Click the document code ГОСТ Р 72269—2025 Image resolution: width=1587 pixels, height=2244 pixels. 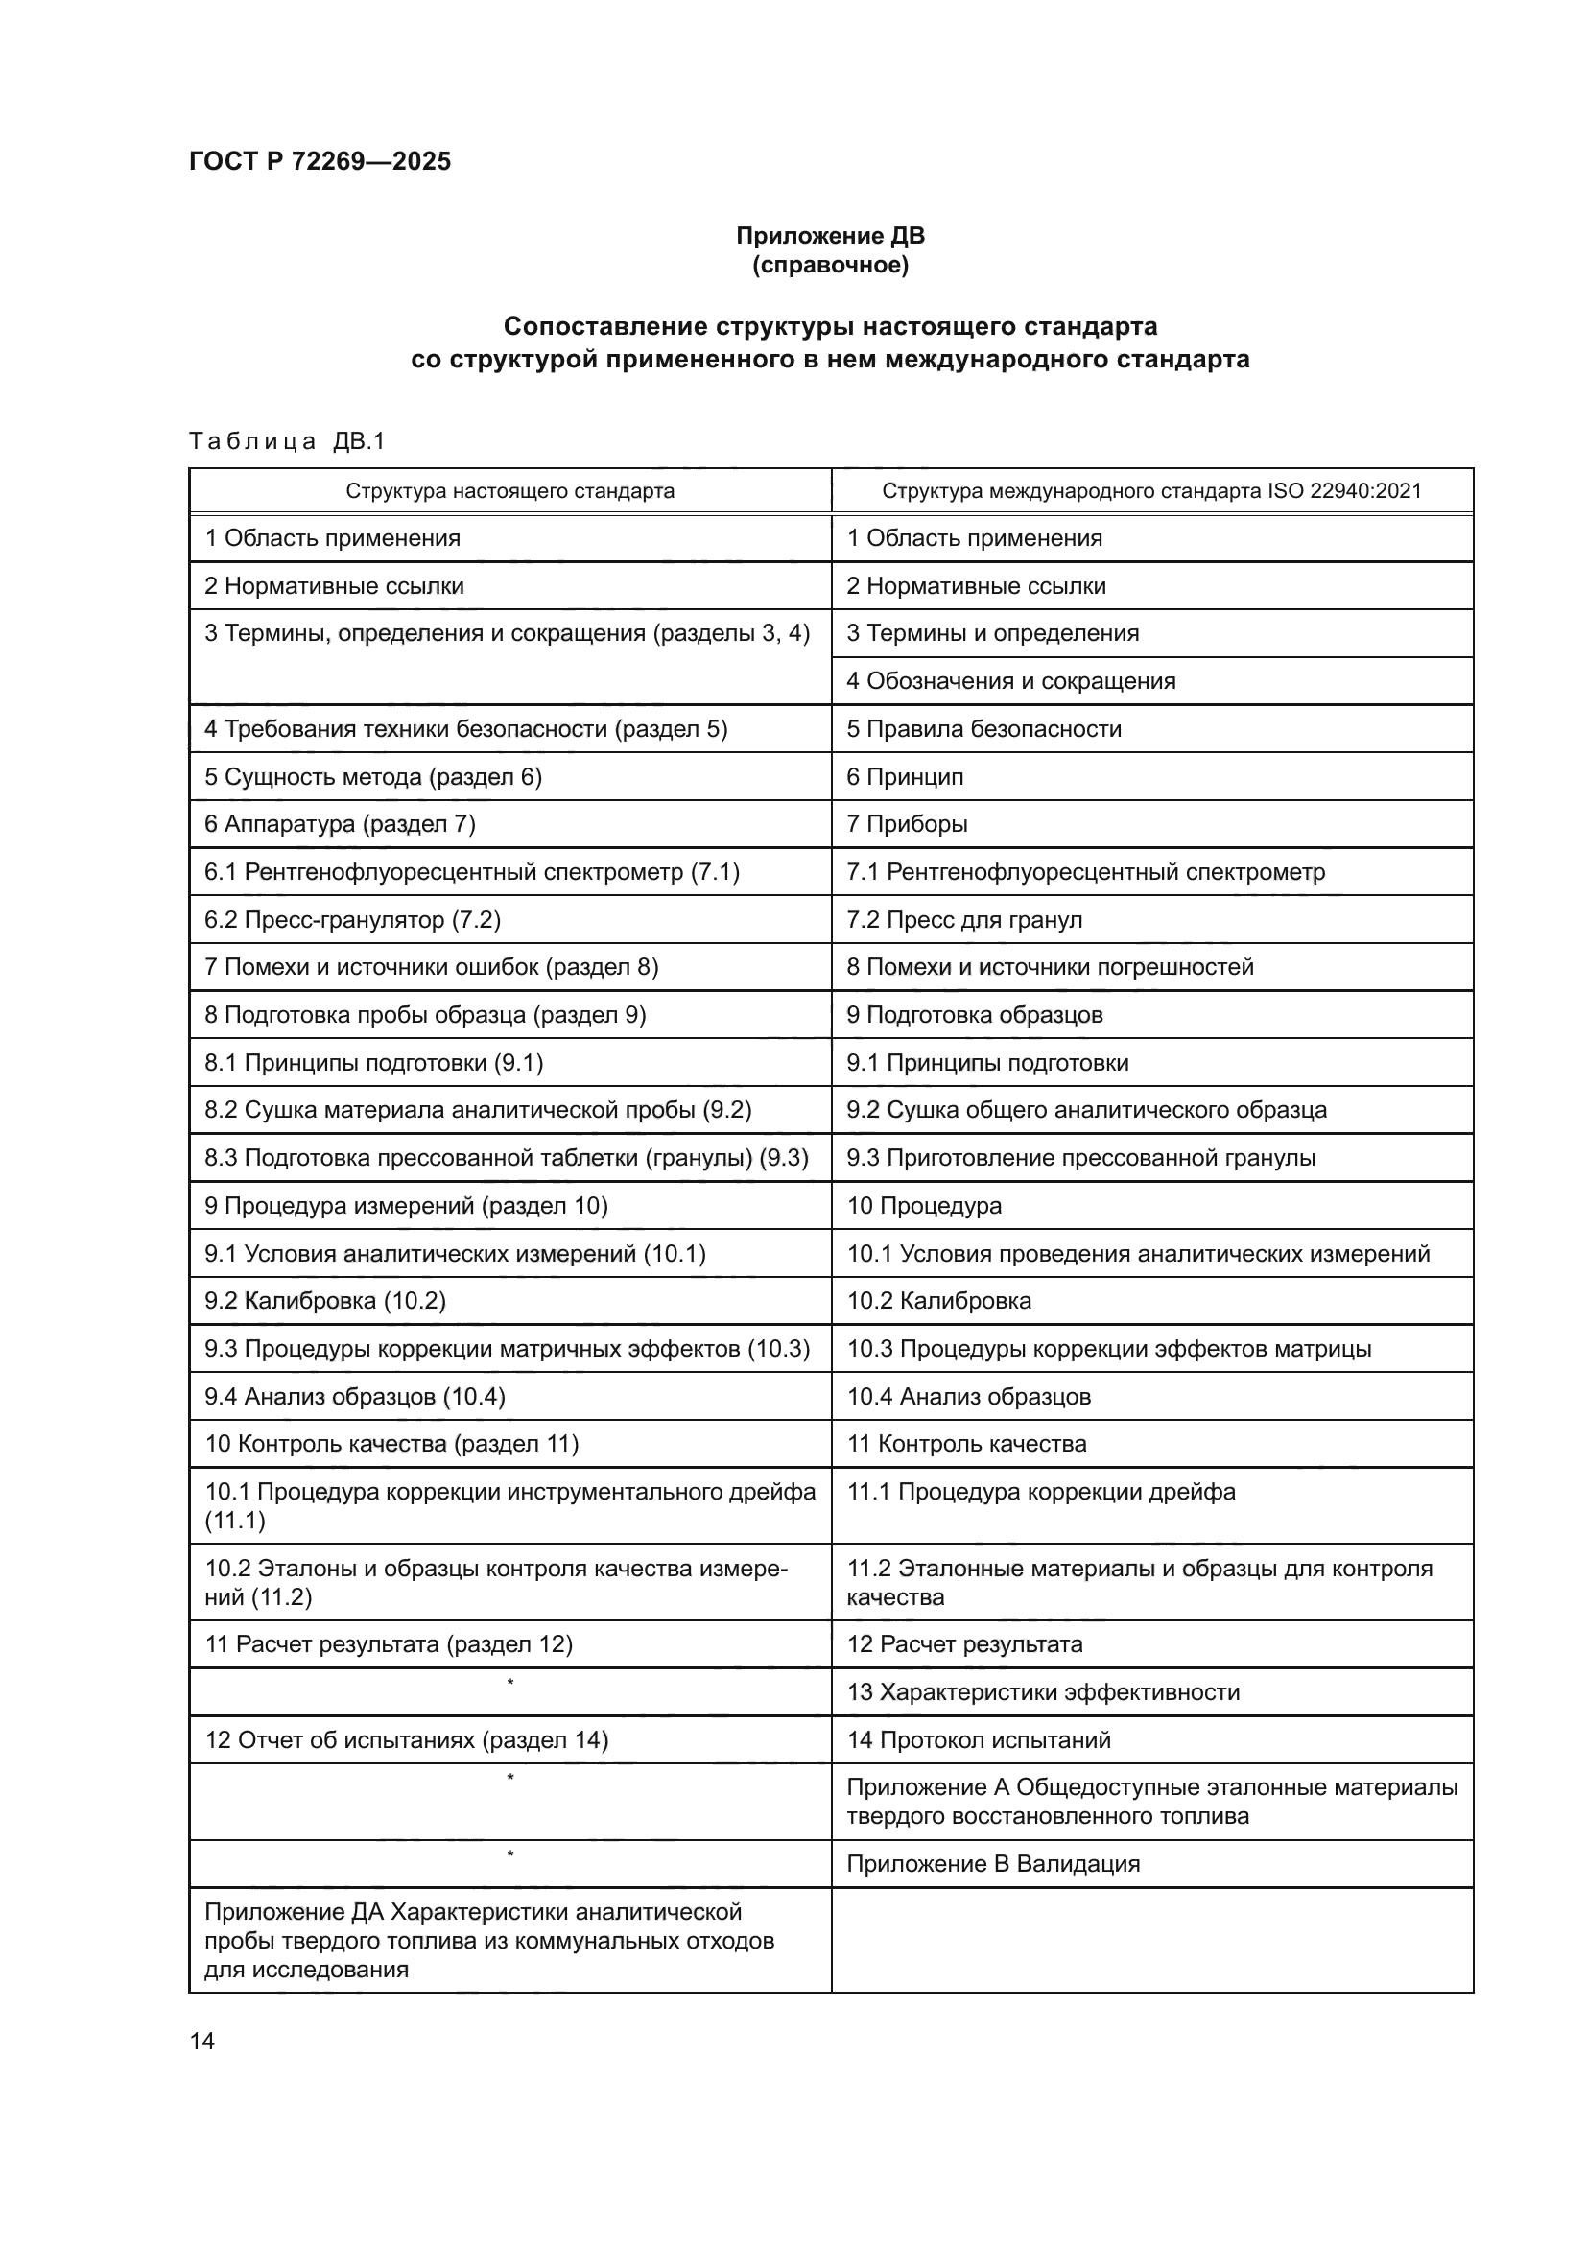320,161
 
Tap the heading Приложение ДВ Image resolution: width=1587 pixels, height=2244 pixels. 830,236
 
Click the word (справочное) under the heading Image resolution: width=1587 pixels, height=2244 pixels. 830,265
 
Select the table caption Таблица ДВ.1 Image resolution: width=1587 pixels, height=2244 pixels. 287,441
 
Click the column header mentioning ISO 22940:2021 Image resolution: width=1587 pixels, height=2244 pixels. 1151,490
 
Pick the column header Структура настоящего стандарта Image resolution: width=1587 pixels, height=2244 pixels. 509,490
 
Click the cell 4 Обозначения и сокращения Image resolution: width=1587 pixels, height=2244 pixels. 1010,681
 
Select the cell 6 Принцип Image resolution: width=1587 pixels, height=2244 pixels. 905,777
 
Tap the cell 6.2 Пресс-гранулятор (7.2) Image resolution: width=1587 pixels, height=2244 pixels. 352,920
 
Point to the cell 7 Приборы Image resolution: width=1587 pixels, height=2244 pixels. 907,824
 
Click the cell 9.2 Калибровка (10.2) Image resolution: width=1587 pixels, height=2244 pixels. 324,1301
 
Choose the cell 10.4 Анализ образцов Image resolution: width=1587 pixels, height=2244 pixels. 968,1397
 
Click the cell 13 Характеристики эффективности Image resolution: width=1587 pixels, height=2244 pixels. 1043,1691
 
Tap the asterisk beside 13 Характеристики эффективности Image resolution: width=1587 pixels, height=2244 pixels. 510,1683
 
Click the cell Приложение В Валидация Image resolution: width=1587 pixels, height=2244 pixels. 993,1864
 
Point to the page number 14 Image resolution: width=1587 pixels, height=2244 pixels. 202,2041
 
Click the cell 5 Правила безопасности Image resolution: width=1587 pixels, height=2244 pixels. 983,729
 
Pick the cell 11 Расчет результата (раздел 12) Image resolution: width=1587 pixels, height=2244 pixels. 388,1644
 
